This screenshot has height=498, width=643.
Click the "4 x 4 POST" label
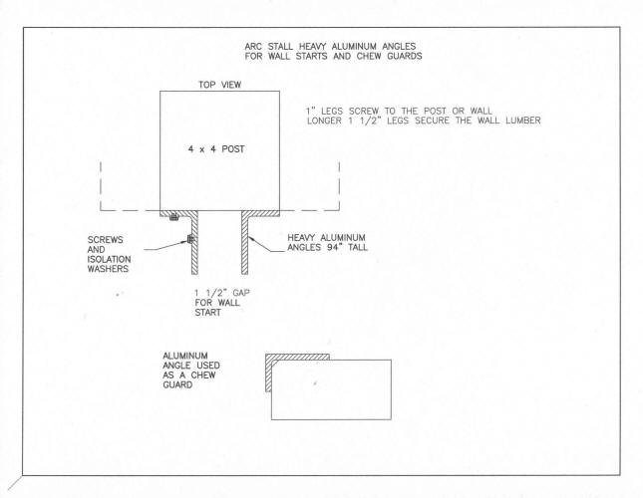[x=216, y=149]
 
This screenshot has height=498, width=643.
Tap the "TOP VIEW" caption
[x=219, y=85]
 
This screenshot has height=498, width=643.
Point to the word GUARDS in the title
[x=405, y=56]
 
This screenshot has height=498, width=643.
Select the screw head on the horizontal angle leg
[x=173, y=217]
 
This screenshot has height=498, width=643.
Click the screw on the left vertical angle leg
[x=189, y=238]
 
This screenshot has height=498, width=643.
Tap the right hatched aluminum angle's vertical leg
[x=245, y=245]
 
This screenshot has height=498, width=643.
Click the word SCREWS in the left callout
[x=105, y=240]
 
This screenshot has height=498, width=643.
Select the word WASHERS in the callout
[x=108, y=269]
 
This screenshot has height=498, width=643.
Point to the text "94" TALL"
[x=348, y=247]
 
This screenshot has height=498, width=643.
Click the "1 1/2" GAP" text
[x=222, y=293]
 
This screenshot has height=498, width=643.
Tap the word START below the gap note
[x=208, y=313]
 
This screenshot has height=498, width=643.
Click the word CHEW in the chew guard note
[x=203, y=375]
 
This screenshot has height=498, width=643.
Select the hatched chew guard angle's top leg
[x=297, y=357]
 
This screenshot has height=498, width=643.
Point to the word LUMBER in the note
[x=522, y=121]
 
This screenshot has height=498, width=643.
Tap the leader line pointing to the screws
[x=166, y=246]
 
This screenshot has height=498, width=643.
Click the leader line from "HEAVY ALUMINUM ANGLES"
[x=266, y=245]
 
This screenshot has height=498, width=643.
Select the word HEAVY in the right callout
[x=302, y=237]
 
